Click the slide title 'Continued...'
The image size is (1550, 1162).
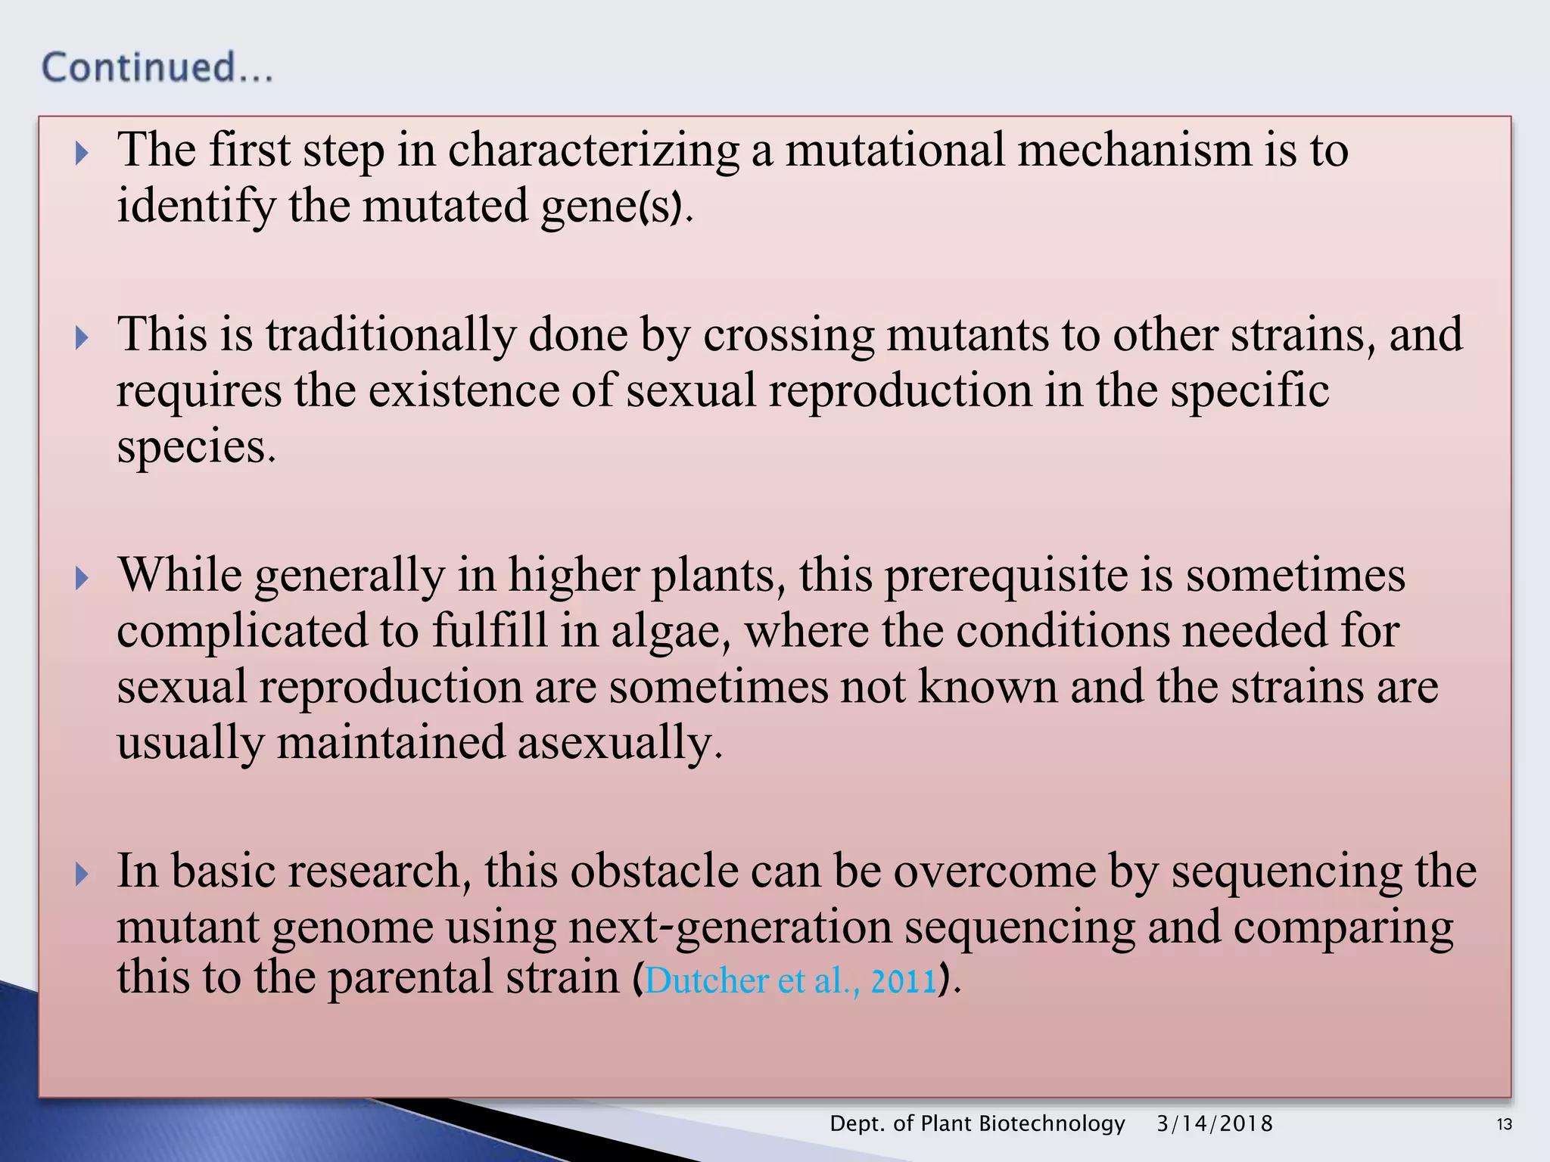click(x=157, y=67)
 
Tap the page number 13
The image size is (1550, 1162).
click(x=1505, y=1124)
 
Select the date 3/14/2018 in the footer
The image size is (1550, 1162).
click(x=1215, y=1123)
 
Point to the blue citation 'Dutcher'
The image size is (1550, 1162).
click(x=707, y=980)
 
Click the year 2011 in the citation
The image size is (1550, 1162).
click(x=904, y=980)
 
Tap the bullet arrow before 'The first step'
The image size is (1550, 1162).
click(x=82, y=154)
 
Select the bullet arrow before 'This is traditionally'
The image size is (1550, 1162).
click(x=82, y=337)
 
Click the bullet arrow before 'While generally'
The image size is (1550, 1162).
click(x=82, y=579)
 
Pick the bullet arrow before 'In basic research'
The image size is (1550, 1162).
click(x=82, y=875)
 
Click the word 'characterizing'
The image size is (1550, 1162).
click(x=593, y=151)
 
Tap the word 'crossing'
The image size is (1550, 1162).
click(x=788, y=335)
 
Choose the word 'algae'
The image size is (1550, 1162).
click(x=665, y=632)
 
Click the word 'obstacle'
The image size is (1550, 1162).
click(x=654, y=871)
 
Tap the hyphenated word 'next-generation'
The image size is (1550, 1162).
click(x=730, y=927)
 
